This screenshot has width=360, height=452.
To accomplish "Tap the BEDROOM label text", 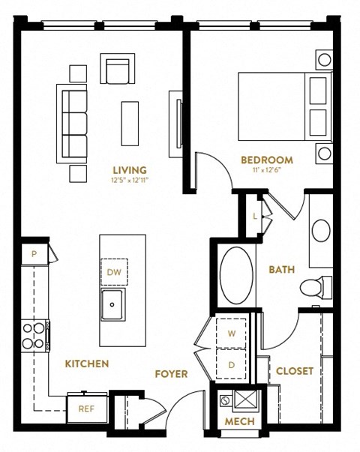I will tap(267, 160).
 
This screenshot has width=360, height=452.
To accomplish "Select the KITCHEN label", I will tap(87, 364).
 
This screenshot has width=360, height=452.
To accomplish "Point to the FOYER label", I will tap(171, 373).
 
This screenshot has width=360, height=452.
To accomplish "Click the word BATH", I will tap(282, 270).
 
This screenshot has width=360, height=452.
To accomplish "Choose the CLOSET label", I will tap(295, 371).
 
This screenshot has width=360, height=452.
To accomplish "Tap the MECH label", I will tap(240, 422).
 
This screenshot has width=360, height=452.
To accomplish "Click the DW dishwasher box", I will tap(114, 271).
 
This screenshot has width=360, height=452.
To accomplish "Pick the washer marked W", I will tap(231, 332).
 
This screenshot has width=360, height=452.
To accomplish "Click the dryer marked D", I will tap(231, 365).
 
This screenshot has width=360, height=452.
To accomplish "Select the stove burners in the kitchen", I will tap(34, 336).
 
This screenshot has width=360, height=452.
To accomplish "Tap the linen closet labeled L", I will tap(255, 216).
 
